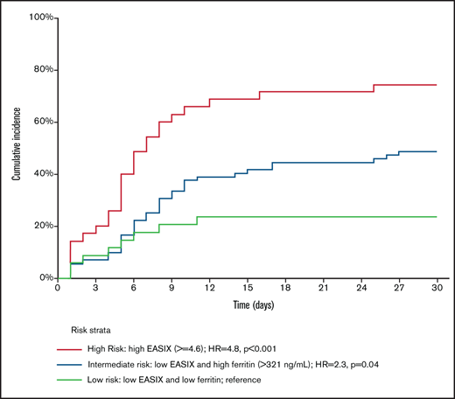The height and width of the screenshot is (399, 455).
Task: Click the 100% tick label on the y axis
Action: [x=41, y=17]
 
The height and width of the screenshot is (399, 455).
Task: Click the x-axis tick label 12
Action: [x=210, y=287]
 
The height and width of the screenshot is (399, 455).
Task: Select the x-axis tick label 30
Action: [x=437, y=287]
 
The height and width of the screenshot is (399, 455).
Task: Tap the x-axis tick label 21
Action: [x=324, y=287]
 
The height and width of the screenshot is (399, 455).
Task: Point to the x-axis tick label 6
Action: [x=134, y=287]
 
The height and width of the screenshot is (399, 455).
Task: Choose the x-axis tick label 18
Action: [x=285, y=287]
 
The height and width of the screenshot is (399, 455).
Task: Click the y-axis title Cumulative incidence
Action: [x=16, y=148]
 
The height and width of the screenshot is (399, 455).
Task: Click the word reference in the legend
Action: [x=268, y=381]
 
